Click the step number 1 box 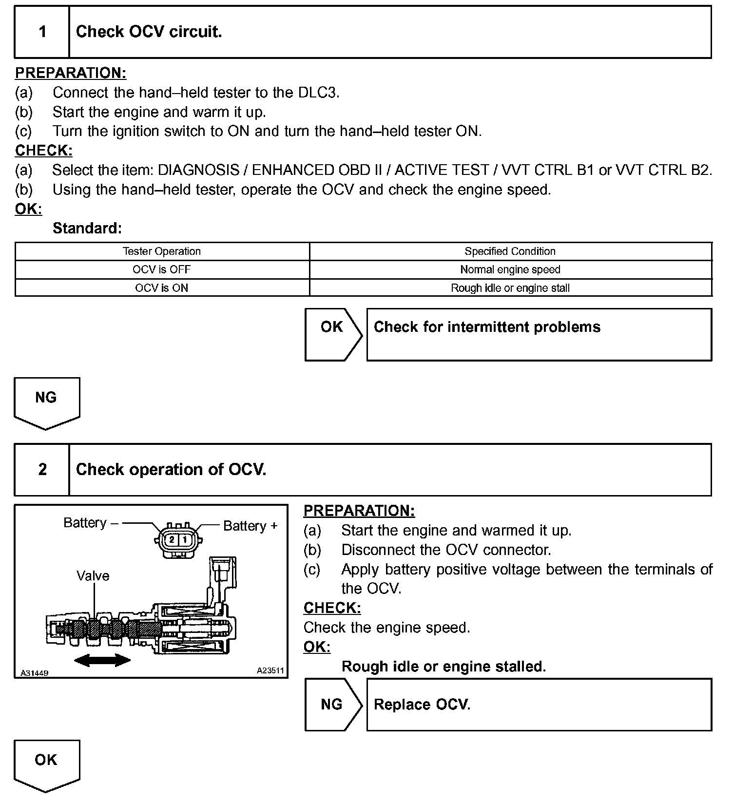[42, 32]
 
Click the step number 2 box [42, 470]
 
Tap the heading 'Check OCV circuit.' [149, 32]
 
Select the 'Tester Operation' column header [162, 251]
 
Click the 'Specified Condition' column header [510, 251]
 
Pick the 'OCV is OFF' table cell [162, 269]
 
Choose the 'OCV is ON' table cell [162, 288]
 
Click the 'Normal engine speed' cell [510, 269]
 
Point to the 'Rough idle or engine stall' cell [510, 288]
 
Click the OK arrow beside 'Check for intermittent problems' [332, 334]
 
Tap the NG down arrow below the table [46, 401]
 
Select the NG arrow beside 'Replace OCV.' [332, 705]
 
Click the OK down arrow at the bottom [46, 763]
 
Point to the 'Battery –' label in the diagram [91, 523]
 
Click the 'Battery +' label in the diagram [250, 526]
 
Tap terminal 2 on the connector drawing [172, 540]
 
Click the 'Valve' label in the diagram [93, 576]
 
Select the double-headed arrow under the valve [102, 661]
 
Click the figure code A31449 [34, 673]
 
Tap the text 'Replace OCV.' [422, 705]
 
